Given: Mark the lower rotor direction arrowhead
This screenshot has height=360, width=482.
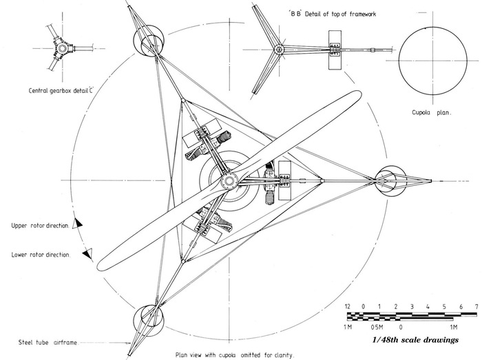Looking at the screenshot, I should tap(87, 255).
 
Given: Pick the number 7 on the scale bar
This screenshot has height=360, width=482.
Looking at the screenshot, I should tap(475, 306).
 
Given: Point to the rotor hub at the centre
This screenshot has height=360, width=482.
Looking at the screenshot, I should tap(227, 182).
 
